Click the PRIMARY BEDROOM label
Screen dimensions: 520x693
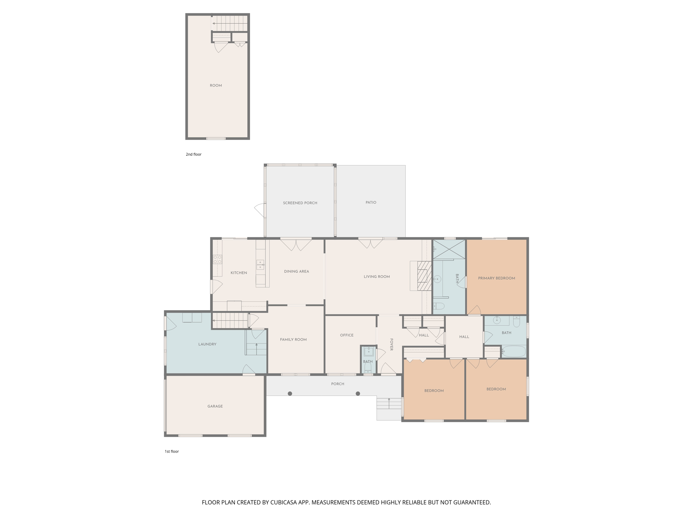coord(496,278)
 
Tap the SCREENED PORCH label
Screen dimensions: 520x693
coord(300,203)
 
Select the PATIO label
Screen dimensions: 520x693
coord(371,202)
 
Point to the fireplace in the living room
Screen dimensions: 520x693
coord(424,276)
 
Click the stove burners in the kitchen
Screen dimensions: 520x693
coord(218,260)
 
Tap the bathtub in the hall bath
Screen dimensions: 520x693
coord(514,351)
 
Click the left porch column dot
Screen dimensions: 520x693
coord(290,393)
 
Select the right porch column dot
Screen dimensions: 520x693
coord(358,393)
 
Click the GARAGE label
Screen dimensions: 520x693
coord(215,406)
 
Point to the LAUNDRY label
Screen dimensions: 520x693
coord(207,344)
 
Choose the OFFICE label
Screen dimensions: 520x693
coord(347,335)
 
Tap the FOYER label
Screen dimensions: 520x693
coord(392,344)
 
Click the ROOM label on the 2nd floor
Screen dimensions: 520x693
coord(216,86)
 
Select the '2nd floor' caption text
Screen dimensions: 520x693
coord(194,154)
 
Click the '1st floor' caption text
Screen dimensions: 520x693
coord(172,451)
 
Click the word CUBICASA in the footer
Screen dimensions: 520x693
coord(283,502)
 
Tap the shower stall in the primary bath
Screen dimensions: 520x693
coord(449,250)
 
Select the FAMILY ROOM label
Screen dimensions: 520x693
coord(293,340)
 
